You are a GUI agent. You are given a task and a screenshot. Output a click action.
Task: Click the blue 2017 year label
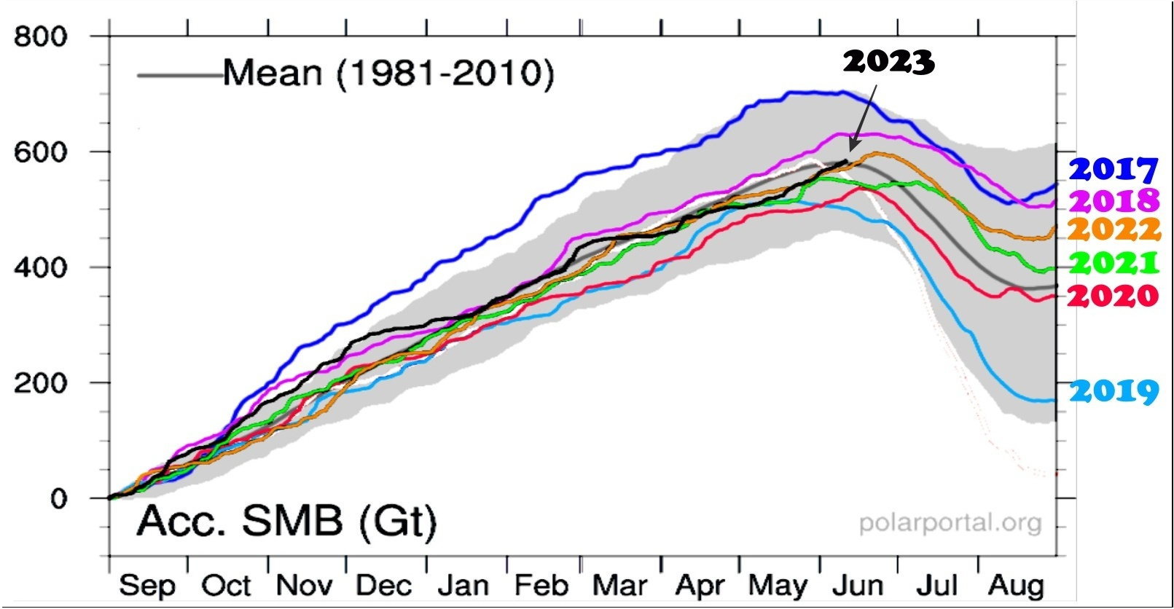pos(1113,169)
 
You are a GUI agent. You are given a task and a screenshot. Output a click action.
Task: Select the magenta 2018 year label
pos(1113,200)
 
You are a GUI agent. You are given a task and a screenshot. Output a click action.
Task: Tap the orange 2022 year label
pos(1114,229)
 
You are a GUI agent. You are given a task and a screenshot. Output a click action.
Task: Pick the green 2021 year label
pos(1114,262)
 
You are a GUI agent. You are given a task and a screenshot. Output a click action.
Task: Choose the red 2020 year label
pos(1113,295)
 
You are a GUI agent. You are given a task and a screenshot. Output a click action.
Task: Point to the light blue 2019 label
pos(1114,391)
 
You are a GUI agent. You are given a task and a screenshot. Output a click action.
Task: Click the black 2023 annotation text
pos(888,62)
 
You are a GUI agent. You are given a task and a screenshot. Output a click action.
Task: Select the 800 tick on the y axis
pos(40,36)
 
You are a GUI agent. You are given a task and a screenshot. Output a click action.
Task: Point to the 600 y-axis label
pos(40,152)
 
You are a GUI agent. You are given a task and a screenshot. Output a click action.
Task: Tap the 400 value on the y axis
pos(40,267)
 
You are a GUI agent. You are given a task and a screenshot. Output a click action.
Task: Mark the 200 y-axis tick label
pos(40,382)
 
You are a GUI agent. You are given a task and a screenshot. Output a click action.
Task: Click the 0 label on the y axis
pos(58,499)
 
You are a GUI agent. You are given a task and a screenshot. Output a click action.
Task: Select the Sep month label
pos(147,585)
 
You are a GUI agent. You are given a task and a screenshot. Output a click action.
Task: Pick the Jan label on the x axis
pos(463,585)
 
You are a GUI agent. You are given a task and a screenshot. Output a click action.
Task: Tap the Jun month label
pos(858,585)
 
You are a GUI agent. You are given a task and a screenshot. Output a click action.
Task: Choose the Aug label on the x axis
pos(1016,585)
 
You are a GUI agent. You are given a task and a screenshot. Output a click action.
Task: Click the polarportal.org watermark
pos(950,522)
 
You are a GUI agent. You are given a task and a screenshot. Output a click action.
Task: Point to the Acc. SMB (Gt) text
pos(286,521)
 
